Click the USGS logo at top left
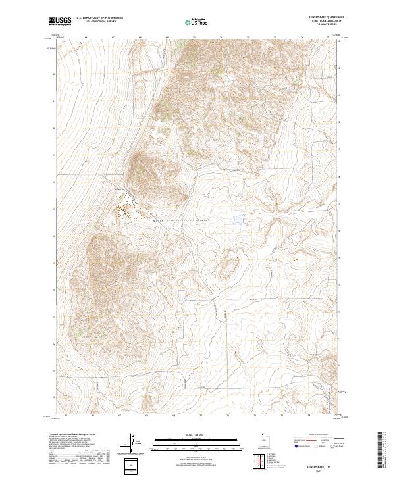61,21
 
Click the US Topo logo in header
197,22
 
